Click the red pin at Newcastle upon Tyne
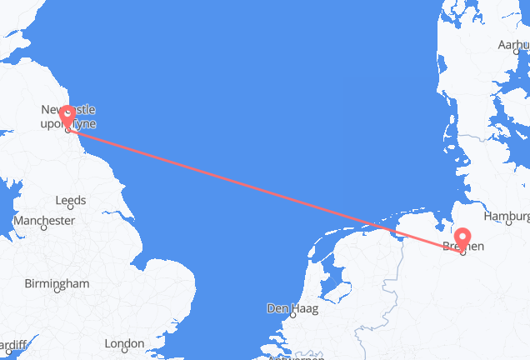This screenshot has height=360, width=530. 67,117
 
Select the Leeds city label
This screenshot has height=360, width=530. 69,201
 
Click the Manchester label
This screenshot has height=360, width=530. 43,221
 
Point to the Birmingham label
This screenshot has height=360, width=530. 57,283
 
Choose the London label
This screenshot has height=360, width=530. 124,343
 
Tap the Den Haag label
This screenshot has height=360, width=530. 286,308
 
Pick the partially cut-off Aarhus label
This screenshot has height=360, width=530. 513,44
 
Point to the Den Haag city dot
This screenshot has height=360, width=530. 292,317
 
